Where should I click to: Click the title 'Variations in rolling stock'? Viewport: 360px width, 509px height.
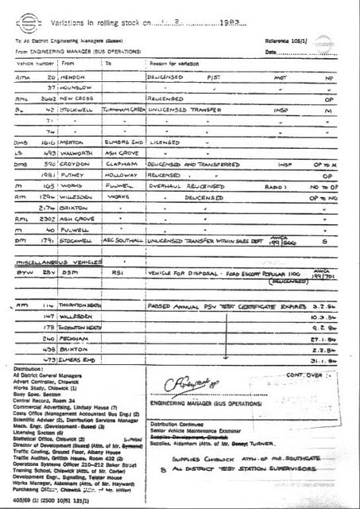tap(103, 25)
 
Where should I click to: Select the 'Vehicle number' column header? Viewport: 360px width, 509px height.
tap(35, 62)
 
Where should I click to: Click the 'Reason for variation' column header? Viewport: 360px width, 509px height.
tap(174, 62)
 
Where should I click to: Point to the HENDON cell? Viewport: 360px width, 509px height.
tap(75, 77)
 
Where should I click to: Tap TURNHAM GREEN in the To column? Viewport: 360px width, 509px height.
tap(122, 112)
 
